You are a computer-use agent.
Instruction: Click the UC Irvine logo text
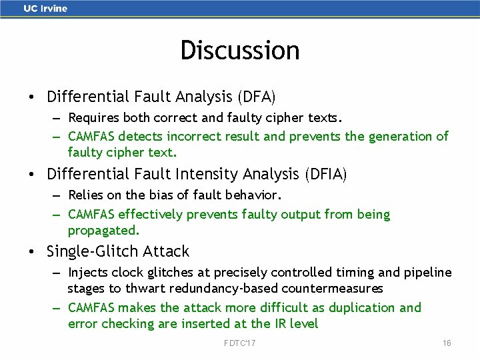[45, 9]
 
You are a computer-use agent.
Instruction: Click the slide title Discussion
[240, 50]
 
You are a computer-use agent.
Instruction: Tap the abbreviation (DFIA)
[325, 175]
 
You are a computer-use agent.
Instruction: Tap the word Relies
[86, 196]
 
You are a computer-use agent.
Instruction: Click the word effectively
[151, 215]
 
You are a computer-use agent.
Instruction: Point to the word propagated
[104, 231]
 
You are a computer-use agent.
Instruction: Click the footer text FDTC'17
[240, 343]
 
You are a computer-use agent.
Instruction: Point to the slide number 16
[447, 343]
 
